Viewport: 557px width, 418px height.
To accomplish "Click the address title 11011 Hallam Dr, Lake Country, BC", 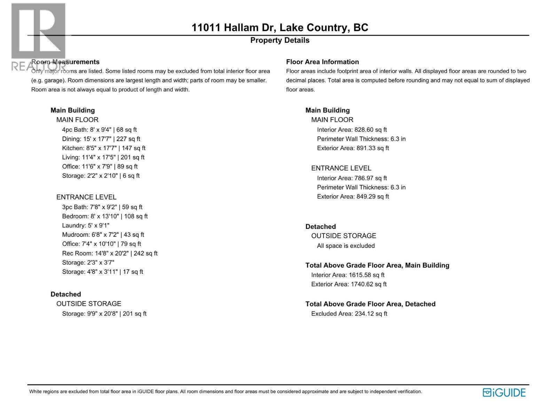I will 280,28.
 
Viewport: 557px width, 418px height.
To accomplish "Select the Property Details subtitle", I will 280,40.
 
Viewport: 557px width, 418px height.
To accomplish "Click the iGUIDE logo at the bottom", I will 504,393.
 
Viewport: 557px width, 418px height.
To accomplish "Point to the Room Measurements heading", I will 65,62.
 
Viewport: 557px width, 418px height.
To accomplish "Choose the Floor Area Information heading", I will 322,62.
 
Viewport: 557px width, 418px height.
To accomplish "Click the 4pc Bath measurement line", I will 100,130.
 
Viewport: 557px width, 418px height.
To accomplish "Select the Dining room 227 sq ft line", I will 101,139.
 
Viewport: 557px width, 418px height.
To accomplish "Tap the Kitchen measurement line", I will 104,148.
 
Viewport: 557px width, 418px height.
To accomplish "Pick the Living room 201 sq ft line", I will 103,157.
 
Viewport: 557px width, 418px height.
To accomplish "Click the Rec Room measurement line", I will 110,253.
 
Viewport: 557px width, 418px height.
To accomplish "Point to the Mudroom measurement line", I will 103,235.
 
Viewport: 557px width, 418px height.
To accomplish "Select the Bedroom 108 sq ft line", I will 105,216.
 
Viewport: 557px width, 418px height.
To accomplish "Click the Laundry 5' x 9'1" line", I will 86,225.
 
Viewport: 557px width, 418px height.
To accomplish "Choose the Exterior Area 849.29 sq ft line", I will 353,196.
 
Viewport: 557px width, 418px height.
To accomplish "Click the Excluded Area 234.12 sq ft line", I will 349,313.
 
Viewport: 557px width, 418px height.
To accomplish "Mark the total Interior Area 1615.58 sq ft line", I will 348,275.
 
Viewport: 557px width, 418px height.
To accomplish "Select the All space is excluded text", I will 346,246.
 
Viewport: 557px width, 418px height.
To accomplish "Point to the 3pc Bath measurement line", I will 102,207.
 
